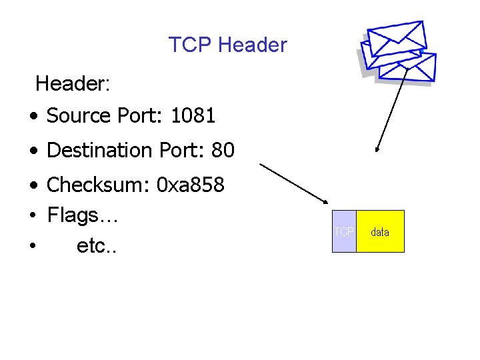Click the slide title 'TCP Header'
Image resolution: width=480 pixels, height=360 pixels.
click(227, 45)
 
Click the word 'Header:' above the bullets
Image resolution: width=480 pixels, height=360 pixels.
click(73, 84)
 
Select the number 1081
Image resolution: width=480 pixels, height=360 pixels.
click(193, 116)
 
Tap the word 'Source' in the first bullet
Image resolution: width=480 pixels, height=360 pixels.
click(78, 116)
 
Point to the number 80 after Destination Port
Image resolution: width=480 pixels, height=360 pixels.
click(223, 151)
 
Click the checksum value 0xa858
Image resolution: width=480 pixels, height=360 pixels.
click(190, 184)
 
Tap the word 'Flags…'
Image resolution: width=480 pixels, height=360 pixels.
click(83, 215)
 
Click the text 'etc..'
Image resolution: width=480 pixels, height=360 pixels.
click(96, 246)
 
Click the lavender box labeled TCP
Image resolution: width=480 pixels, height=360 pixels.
click(344, 231)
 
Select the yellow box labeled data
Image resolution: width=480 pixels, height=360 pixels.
click(380, 231)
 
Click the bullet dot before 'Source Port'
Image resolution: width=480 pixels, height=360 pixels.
click(33, 117)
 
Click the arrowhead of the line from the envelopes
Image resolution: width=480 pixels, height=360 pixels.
click(377, 150)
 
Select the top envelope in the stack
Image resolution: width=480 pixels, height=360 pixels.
click(397, 36)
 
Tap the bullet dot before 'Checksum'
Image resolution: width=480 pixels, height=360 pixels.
click(33, 185)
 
